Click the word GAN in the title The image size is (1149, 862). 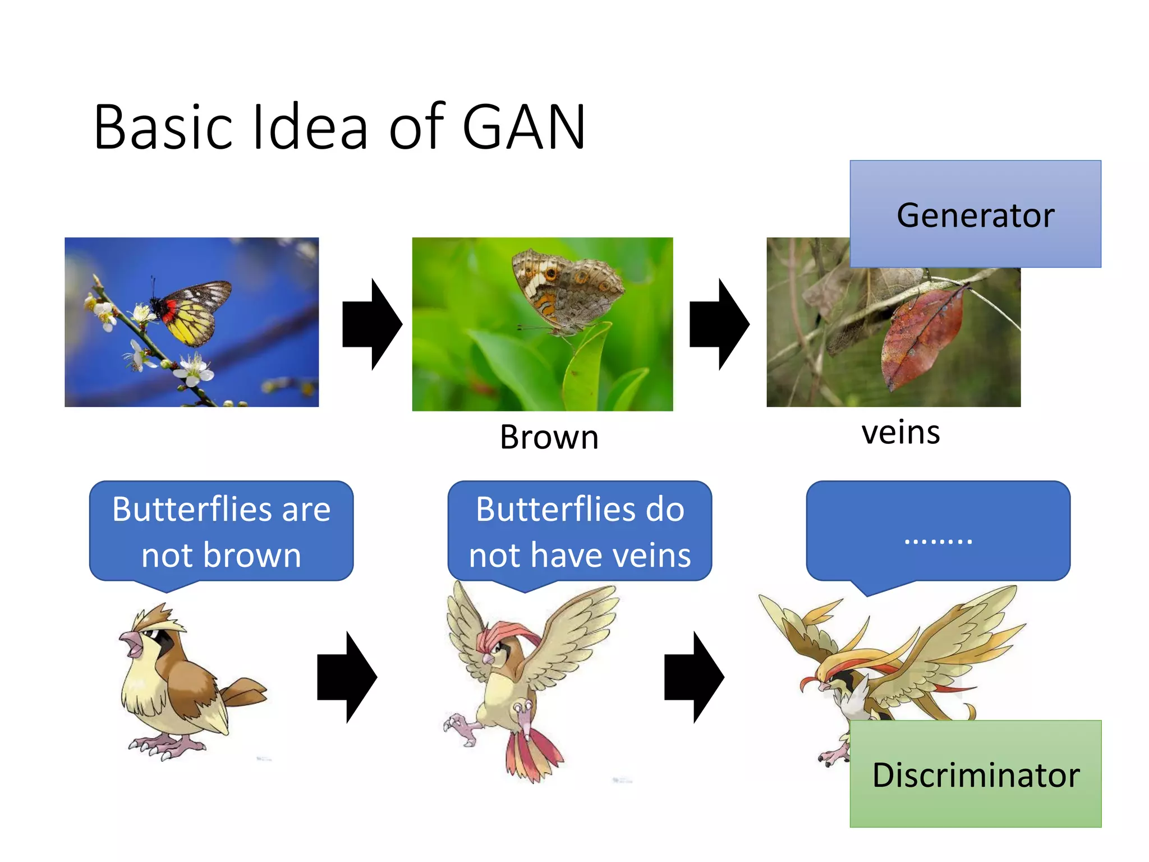(x=525, y=128)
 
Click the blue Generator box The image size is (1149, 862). (x=975, y=214)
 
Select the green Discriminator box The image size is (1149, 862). (x=975, y=774)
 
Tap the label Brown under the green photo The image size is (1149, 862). (x=549, y=437)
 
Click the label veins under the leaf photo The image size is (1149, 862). (x=900, y=433)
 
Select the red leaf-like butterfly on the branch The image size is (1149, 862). (x=923, y=337)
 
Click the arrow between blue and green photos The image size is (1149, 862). (x=372, y=324)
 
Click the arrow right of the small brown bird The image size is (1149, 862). (x=347, y=677)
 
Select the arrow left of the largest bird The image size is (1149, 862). (x=694, y=677)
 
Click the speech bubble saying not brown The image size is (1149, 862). (x=221, y=531)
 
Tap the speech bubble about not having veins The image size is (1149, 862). (x=580, y=531)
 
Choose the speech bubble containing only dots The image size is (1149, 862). (x=938, y=531)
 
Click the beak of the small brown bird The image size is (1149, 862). (x=132, y=643)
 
